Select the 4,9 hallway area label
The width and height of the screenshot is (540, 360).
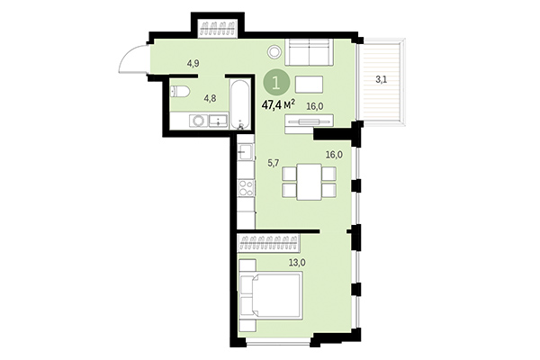[x=193, y=63]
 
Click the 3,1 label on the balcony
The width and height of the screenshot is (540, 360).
[x=382, y=80]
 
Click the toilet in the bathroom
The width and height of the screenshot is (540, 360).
[x=178, y=91]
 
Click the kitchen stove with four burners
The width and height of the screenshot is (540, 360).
[x=245, y=189]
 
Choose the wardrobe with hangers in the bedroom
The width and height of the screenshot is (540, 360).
[x=269, y=240]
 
